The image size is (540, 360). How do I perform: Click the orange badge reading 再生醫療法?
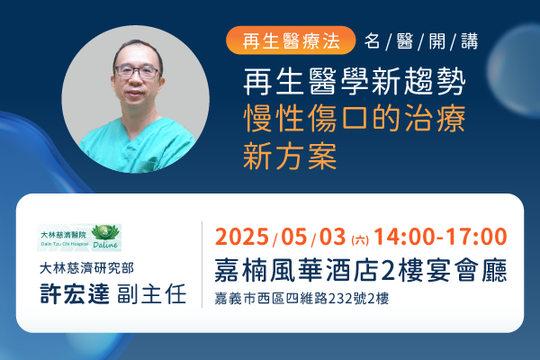(x=291, y=40)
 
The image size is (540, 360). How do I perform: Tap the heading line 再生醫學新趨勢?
(x=355, y=82)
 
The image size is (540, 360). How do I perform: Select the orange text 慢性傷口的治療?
(x=355, y=119)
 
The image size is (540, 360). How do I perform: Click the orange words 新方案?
(x=290, y=156)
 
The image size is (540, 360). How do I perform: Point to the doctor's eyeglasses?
(x=138, y=72)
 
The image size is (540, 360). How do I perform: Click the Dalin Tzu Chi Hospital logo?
(x=79, y=238)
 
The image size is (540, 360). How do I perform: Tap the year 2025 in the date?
(x=242, y=237)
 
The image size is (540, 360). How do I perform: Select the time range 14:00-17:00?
(x=440, y=237)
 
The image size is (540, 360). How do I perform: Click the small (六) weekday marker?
(x=360, y=239)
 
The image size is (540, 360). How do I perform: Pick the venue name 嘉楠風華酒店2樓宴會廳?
(x=361, y=270)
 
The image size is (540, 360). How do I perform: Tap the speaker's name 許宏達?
(x=75, y=294)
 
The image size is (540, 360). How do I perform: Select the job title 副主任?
(x=152, y=294)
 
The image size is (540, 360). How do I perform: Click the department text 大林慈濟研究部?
(x=86, y=268)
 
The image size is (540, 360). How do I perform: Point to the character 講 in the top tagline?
(x=470, y=41)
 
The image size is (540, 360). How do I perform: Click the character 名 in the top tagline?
(x=373, y=41)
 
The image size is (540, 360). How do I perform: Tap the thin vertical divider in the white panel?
(x=202, y=265)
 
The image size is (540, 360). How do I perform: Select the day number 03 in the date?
(x=332, y=237)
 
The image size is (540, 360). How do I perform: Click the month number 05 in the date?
(x=294, y=237)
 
